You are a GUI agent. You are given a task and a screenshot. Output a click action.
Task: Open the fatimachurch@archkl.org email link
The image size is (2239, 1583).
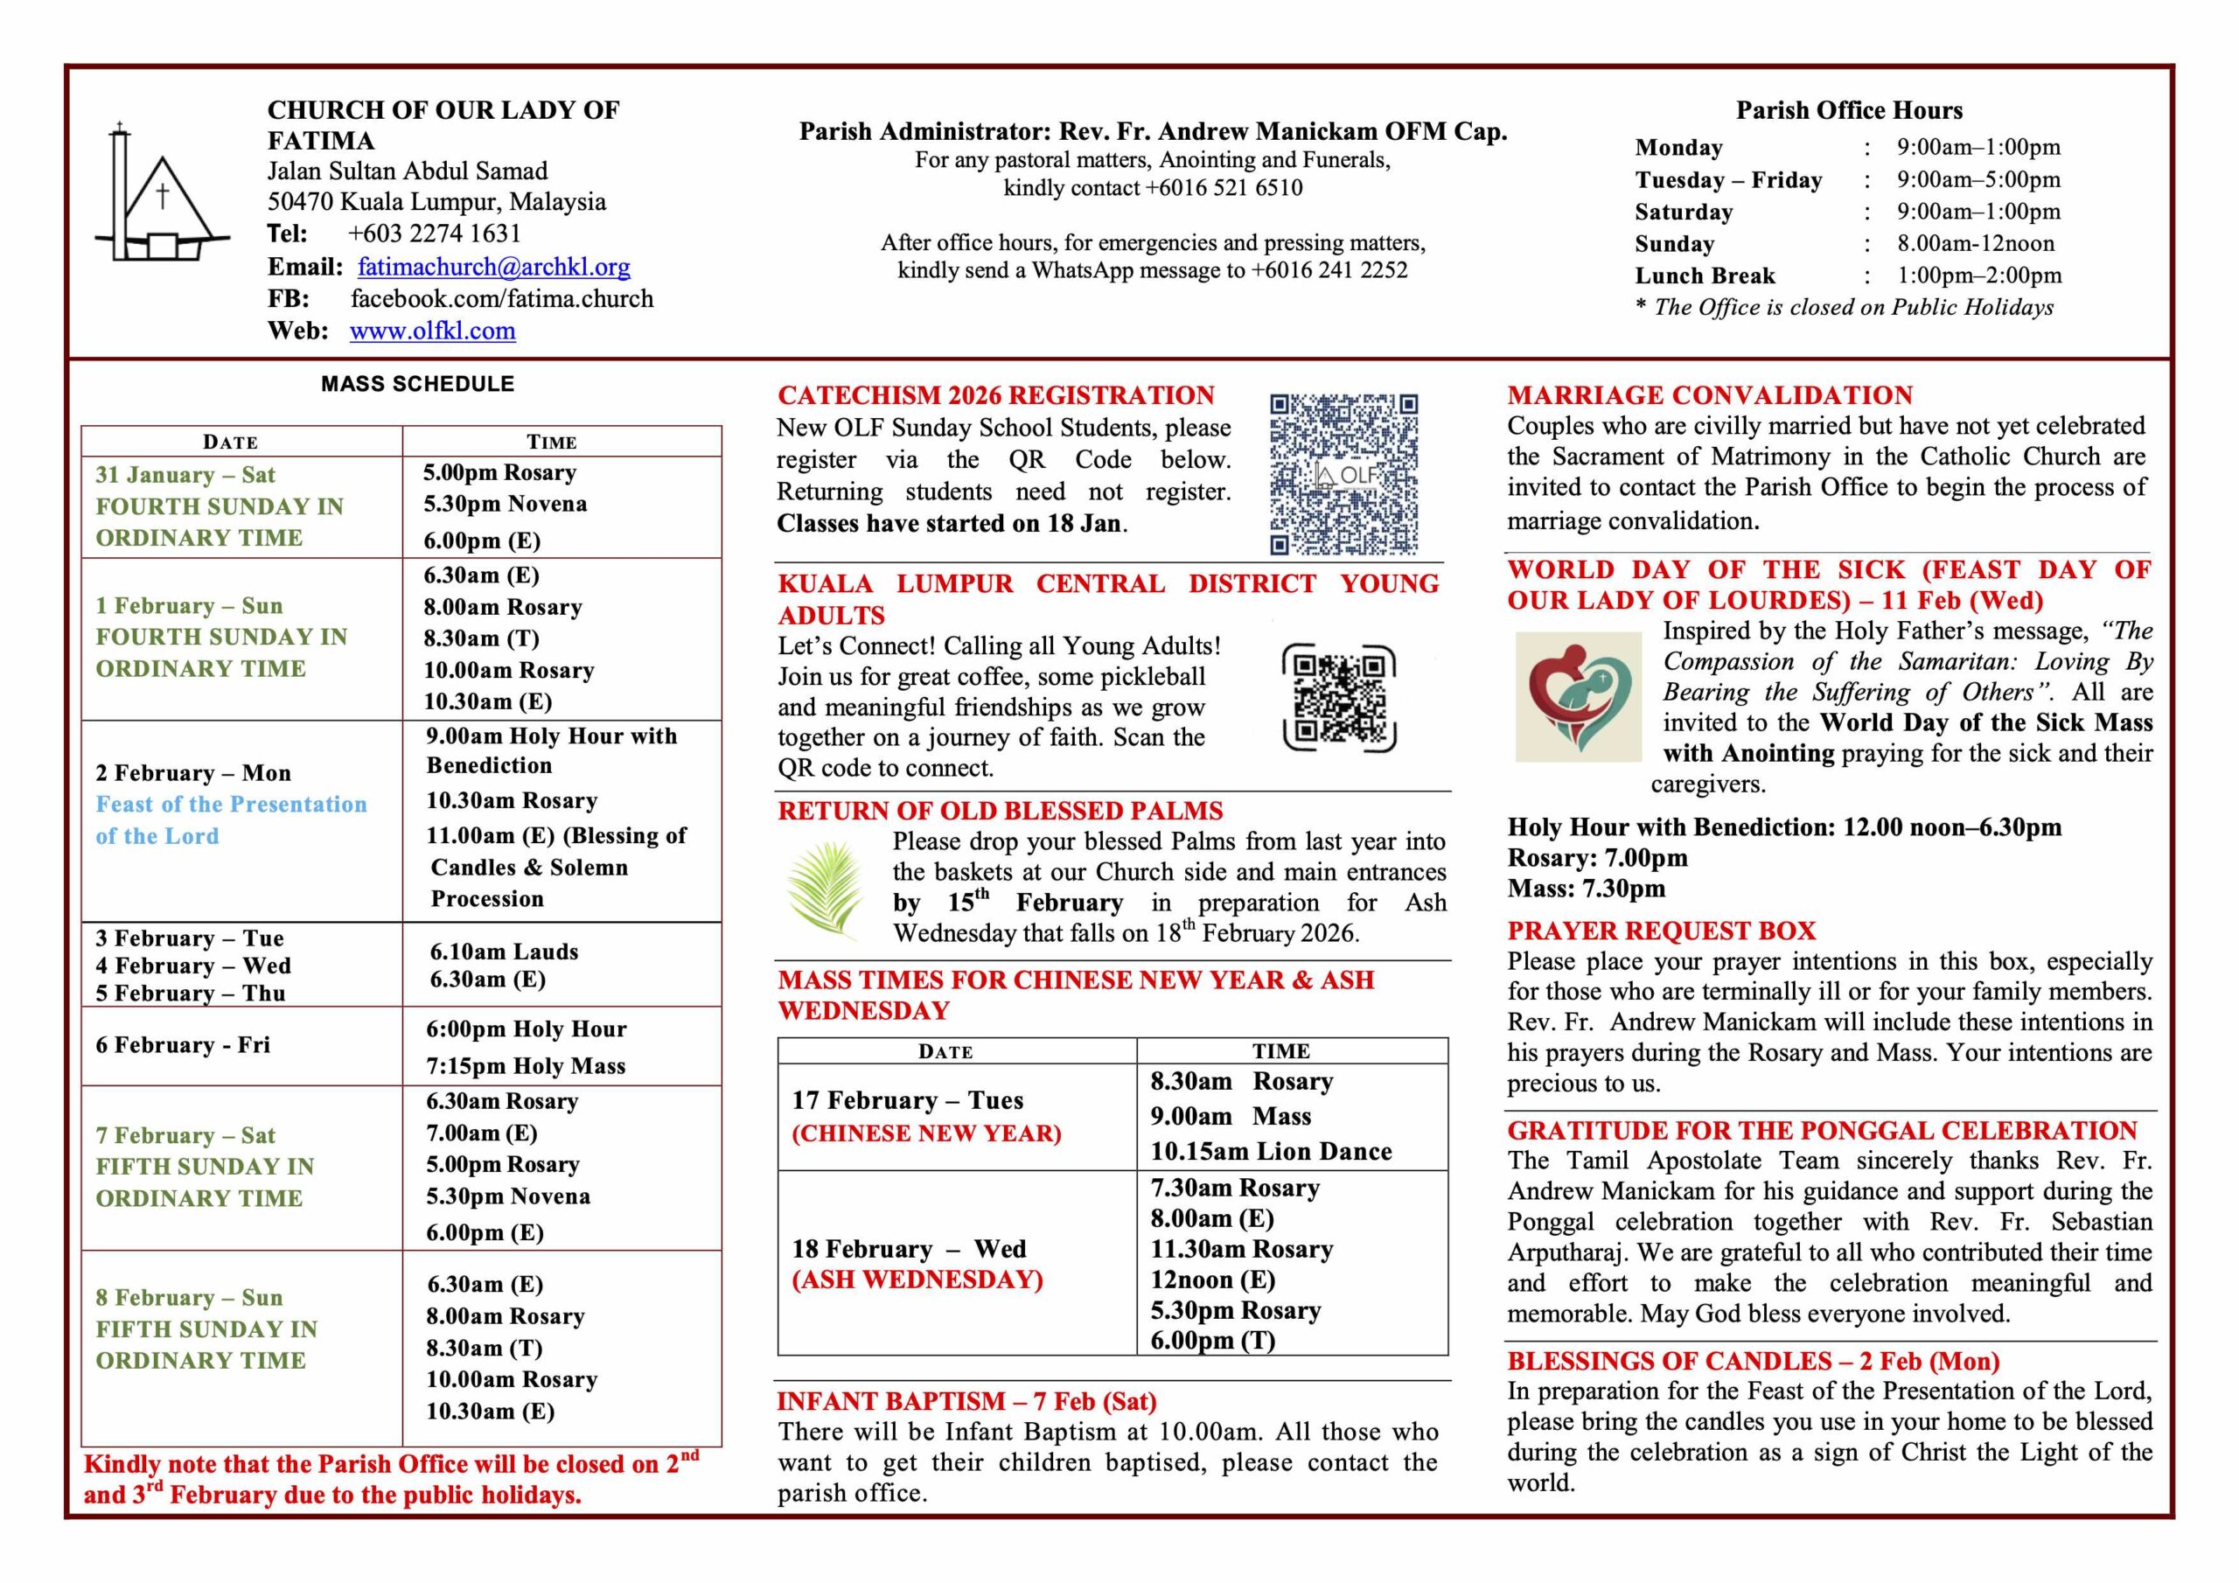pos(493,266)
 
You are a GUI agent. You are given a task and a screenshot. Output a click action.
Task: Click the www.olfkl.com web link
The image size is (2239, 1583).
pos(432,331)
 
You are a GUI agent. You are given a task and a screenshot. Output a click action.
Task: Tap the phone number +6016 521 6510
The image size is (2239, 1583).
pos(1224,187)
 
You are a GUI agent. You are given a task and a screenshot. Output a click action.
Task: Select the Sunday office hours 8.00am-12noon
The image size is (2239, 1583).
pos(1976,244)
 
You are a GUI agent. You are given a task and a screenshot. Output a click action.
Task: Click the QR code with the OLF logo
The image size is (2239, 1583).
pos(1343,474)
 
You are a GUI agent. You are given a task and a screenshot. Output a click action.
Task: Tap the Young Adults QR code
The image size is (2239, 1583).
pos(1339,697)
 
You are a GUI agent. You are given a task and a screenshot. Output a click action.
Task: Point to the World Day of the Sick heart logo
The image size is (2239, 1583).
pos(1579,696)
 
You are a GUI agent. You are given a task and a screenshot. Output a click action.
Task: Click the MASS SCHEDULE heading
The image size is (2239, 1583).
pos(417,384)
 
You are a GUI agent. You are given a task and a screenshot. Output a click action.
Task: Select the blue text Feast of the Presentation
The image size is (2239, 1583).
pos(231,805)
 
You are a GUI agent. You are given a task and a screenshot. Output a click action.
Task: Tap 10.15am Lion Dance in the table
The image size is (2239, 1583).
pos(1271,1152)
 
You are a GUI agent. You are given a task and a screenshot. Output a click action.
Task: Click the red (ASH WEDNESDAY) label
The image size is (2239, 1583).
pos(917,1280)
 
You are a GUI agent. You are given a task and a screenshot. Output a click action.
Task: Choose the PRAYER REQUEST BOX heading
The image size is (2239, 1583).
pos(1662,931)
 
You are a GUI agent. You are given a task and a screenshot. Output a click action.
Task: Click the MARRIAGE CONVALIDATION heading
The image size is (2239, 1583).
pos(1710,395)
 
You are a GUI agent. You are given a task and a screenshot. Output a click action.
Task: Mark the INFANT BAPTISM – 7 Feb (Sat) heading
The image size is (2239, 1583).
pos(966,1402)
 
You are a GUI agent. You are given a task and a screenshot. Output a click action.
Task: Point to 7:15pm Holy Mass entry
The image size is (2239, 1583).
pos(526,1066)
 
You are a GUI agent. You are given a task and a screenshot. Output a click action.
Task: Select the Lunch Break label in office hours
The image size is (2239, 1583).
pos(1705,276)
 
